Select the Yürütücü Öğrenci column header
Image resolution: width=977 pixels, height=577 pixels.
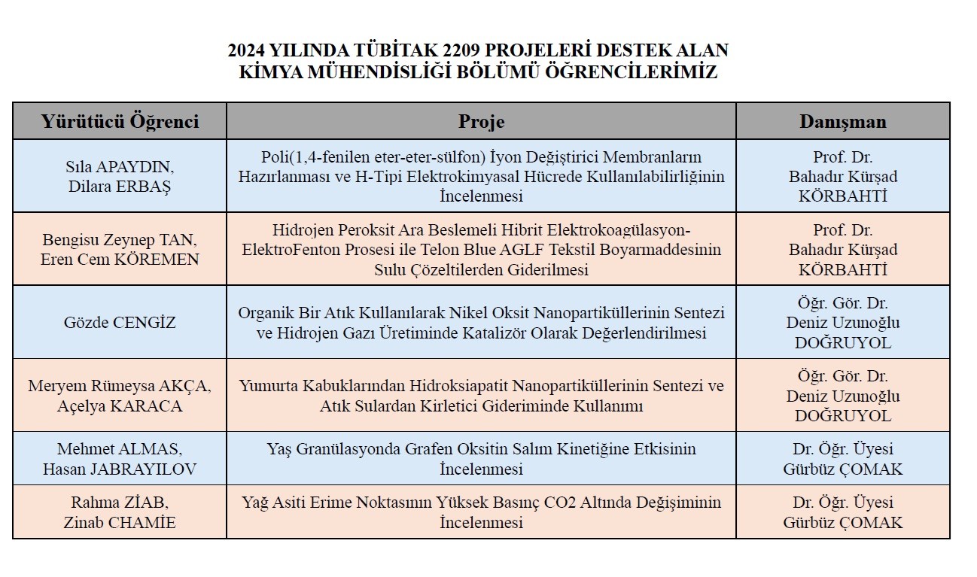(x=120, y=121)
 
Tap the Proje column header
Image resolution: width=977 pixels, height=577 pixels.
(x=481, y=121)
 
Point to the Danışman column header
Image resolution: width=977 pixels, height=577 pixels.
(x=842, y=121)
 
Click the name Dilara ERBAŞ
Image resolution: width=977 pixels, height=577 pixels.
(x=119, y=187)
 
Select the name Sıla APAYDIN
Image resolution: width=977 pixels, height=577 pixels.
(x=119, y=167)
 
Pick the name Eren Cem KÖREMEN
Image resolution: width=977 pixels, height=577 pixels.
(x=119, y=260)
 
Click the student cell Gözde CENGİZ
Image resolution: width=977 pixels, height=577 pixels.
(x=119, y=323)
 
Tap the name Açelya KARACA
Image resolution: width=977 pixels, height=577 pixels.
(x=119, y=405)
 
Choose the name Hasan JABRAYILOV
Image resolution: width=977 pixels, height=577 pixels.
(x=119, y=469)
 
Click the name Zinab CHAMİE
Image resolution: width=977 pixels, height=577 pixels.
(x=119, y=522)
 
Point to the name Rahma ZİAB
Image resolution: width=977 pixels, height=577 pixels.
(x=119, y=503)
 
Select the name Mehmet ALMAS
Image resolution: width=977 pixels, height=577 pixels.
(x=119, y=449)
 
